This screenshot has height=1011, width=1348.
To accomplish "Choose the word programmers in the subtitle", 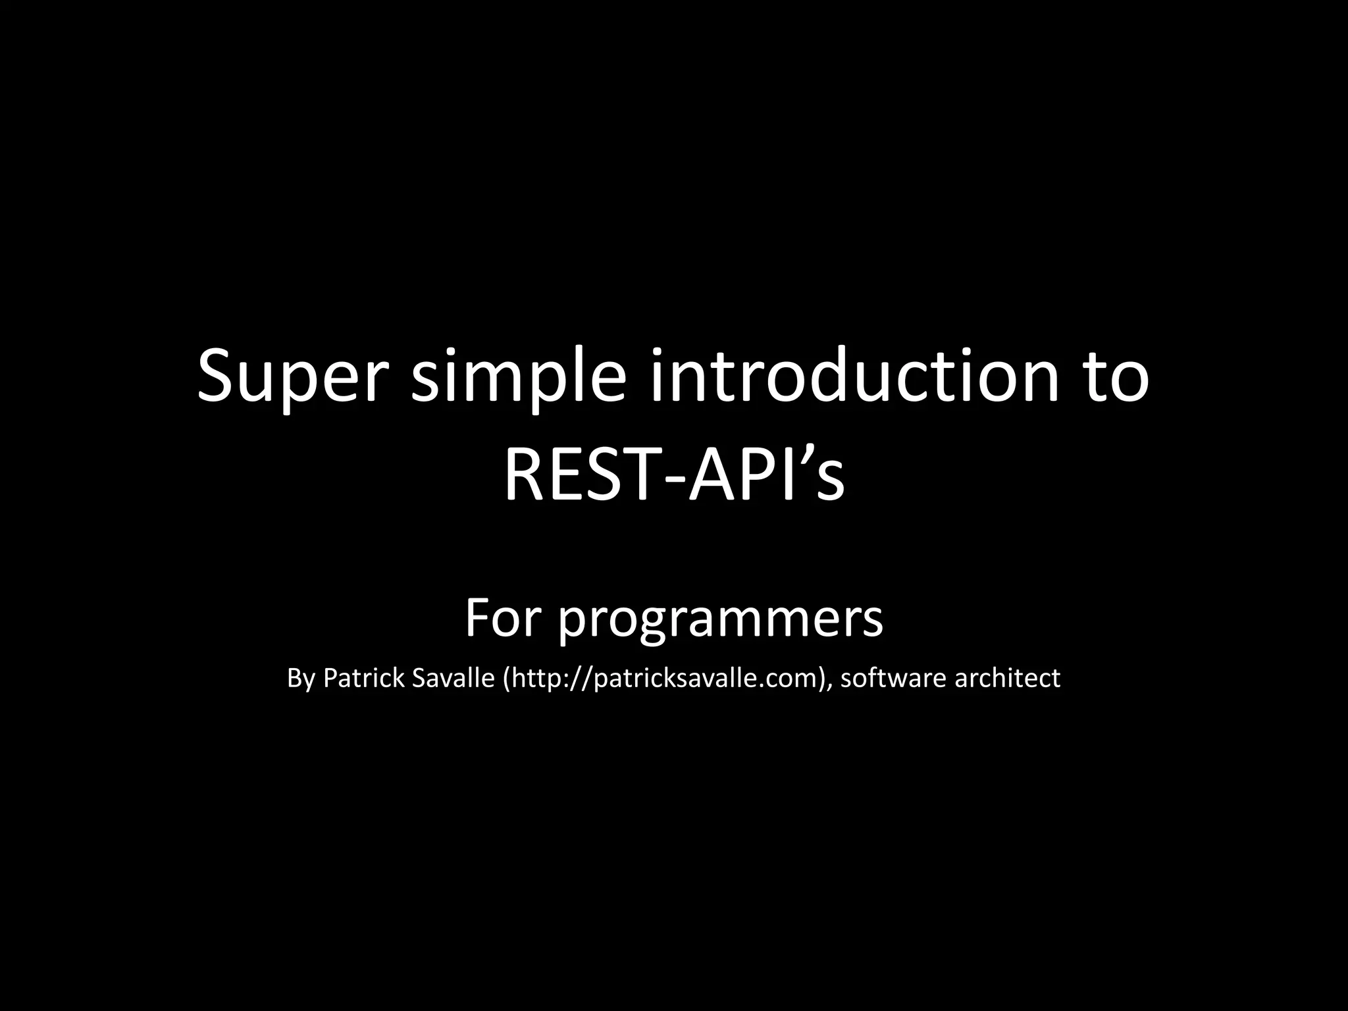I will click(720, 622).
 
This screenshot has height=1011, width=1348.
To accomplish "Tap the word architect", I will click(1007, 678).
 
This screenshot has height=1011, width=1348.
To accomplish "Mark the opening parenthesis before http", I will click(505, 679).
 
